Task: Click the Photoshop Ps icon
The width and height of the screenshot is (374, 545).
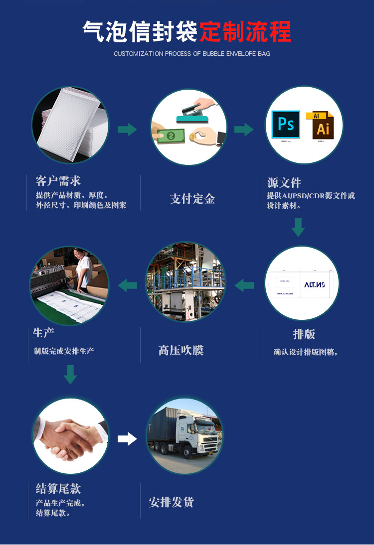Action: [x=286, y=124]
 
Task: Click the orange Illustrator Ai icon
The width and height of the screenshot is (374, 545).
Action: [x=323, y=126]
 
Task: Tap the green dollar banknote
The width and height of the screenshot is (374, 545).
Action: [x=171, y=136]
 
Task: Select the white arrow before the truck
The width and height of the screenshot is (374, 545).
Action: [x=127, y=439]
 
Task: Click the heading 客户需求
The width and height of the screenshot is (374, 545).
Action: [x=58, y=181]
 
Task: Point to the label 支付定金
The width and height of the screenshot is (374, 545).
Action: [x=192, y=199]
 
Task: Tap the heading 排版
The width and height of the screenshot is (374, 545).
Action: [x=304, y=334]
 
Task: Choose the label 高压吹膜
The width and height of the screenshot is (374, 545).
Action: [x=181, y=350]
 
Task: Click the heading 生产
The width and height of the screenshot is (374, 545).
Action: [x=43, y=332]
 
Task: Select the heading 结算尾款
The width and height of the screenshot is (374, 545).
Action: [x=58, y=488]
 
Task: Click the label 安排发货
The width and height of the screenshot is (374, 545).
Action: [x=171, y=502]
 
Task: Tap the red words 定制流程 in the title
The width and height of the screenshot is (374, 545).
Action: [x=245, y=31]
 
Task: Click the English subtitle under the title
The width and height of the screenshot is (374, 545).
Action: [x=192, y=53]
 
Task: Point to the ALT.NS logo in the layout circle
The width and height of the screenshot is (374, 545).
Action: [x=315, y=284]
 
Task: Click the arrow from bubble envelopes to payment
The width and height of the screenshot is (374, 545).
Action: [x=127, y=130]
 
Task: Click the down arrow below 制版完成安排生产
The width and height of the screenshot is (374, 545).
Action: [x=70, y=374]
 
